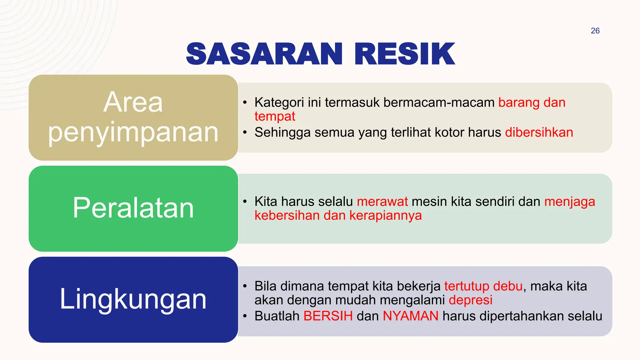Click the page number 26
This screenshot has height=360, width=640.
coord(595,31)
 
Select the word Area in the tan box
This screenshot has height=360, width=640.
coord(133,102)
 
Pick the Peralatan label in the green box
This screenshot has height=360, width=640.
coord(133,208)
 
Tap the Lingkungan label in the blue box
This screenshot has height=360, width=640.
coord(133,299)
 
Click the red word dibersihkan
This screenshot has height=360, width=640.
coord(539,132)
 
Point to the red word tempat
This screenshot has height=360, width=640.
coord(275,116)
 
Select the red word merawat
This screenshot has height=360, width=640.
coord(382,202)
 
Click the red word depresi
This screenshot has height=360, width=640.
coord(471,300)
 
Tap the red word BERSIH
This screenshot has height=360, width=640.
coord(328,316)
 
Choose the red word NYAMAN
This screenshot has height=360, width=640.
coord(411,316)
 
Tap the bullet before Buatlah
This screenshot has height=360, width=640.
coord(245,316)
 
